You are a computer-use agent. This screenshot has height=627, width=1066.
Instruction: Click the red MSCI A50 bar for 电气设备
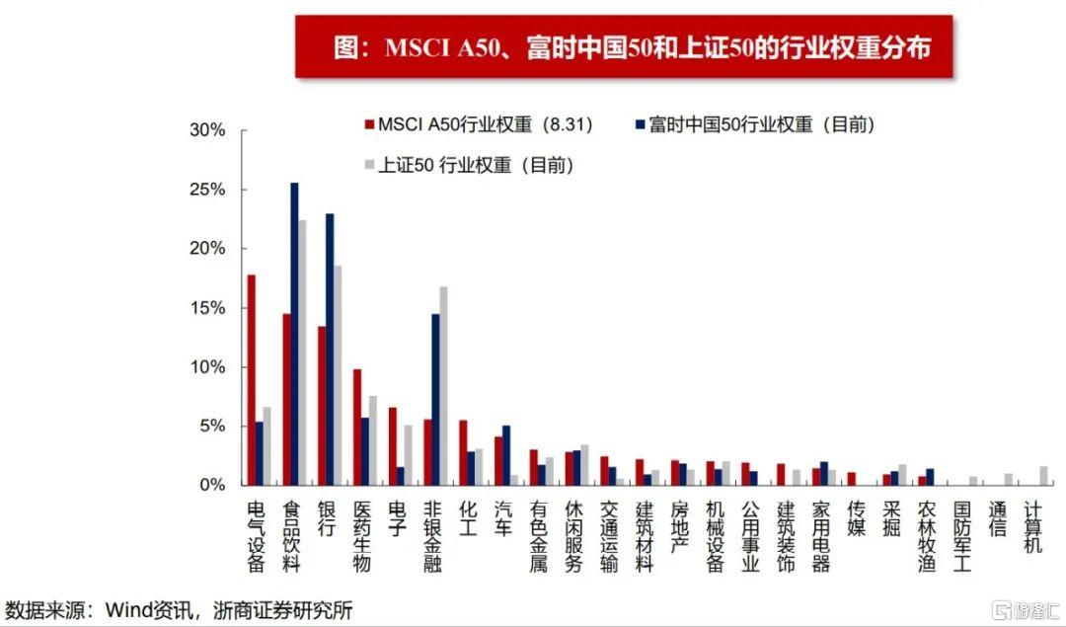click(252, 380)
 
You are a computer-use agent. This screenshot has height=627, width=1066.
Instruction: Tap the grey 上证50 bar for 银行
click(339, 375)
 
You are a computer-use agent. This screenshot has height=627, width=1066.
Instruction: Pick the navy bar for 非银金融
click(435, 400)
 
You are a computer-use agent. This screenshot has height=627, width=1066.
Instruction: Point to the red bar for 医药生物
click(357, 427)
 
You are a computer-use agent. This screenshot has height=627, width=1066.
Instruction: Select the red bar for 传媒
click(851, 479)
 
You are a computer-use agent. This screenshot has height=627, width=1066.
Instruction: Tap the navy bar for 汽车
click(506, 455)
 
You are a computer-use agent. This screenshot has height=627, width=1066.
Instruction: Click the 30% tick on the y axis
click(207, 130)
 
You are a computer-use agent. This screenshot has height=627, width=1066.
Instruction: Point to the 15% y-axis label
click(207, 308)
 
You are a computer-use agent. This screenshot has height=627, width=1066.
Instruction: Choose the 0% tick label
click(212, 485)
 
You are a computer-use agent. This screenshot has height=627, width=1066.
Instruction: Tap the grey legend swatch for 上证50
click(369, 165)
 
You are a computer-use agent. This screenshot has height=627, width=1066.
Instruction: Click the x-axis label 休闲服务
click(573, 534)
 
